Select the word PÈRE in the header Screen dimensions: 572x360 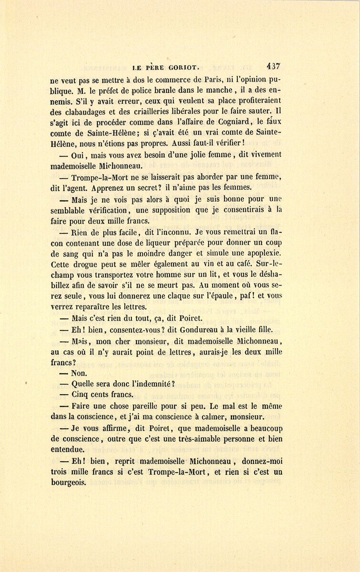pos(152,68)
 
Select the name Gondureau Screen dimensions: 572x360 pos(201,330)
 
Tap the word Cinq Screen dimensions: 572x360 pos(81,394)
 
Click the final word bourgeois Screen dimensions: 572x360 pos(68,482)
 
